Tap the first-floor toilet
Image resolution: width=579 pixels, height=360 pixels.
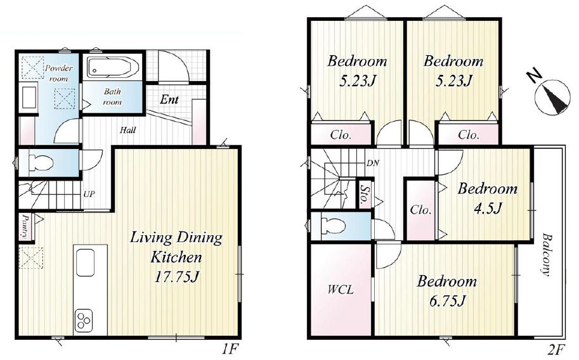(x=41, y=162)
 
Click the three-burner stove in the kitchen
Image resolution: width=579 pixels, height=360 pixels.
(x=84, y=321)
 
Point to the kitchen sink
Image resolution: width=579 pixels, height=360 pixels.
(x=86, y=262)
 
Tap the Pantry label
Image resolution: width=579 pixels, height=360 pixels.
(x=25, y=226)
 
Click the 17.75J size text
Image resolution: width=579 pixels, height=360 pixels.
(x=176, y=276)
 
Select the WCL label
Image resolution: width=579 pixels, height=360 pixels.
(x=341, y=290)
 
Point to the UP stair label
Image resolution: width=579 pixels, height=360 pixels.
(x=89, y=194)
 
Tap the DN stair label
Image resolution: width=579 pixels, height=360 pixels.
(x=373, y=163)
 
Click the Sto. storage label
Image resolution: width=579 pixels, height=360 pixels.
(x=365, y=195)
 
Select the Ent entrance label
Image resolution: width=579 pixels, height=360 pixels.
(x=169, y=100)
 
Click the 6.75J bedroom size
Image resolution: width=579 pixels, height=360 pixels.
(x=447, y=301)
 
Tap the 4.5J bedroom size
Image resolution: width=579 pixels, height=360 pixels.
(x=488, y=209)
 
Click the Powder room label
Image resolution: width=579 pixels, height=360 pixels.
(x=59, y=73)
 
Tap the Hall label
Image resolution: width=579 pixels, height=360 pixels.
(x=127, y=130)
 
